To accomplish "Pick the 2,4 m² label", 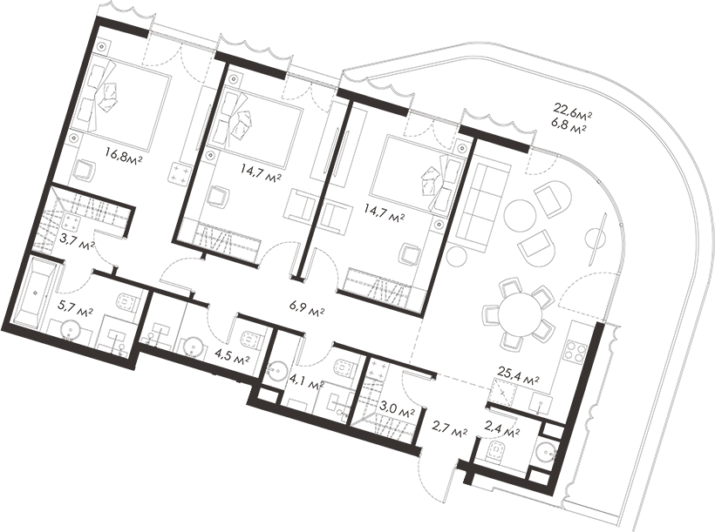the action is [x=501, y=429].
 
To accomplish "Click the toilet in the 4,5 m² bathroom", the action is [x=249, y=338].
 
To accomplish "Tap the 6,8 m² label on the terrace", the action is [x=571, y=126].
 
